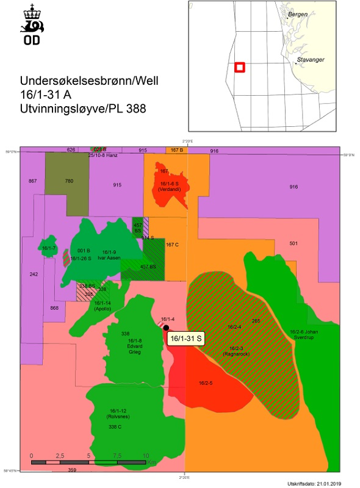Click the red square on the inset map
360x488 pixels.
point(240,67)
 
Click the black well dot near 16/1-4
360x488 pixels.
point(166,328)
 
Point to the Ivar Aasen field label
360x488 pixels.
point(110,258)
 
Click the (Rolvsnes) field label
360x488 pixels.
point(116,417)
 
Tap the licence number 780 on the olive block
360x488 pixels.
point(69,181)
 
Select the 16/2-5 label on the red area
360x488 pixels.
point(206,384)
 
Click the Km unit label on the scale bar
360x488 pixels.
point(152,463)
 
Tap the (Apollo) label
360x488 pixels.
point(103,309)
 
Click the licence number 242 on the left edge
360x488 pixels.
point(34,274)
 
